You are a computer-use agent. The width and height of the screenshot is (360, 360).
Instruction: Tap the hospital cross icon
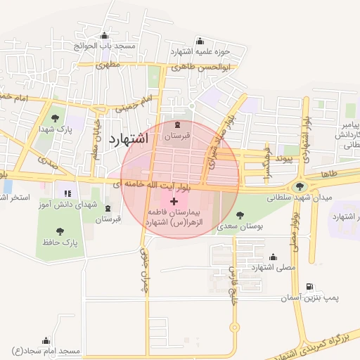(174, 201)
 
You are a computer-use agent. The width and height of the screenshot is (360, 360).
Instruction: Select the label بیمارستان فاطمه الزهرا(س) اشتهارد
(174, 216)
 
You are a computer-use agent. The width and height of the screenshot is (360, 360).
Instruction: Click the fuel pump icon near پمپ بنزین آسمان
(310, 287)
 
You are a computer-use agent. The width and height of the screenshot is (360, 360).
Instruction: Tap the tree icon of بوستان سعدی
(240, 216)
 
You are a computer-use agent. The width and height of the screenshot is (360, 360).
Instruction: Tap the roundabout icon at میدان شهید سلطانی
(301, 186)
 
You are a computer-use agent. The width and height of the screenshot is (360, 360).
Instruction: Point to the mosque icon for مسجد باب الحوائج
(105, 36)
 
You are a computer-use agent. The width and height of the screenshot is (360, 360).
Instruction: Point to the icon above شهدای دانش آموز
(68, 192)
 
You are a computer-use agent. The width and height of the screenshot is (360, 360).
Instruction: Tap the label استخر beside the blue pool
(15, 198)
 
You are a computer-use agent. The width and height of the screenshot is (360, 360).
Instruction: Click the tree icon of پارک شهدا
(56, 117)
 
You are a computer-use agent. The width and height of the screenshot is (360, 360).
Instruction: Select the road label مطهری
(109, 65)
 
